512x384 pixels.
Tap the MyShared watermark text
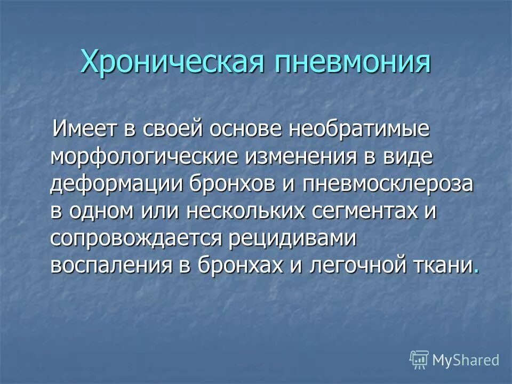click(466, 359)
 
